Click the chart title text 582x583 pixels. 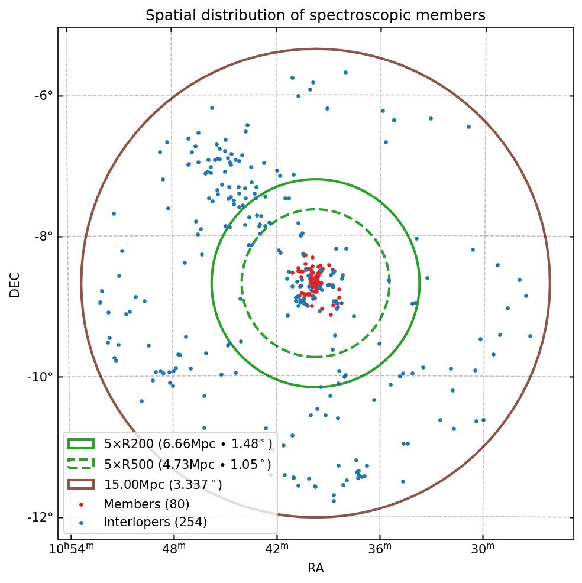click(315, 15)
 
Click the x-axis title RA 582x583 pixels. click(315, 568)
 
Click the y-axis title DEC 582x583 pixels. click(15, 284)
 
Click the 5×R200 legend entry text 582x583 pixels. click(188, 444)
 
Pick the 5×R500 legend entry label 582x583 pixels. click(187, 464)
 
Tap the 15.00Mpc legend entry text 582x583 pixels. click(163, 484)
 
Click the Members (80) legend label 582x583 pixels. click(146, 504)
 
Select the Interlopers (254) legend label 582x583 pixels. click(155, 522)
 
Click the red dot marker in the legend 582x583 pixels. click(81, 504)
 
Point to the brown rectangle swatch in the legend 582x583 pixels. click(81, 484)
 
